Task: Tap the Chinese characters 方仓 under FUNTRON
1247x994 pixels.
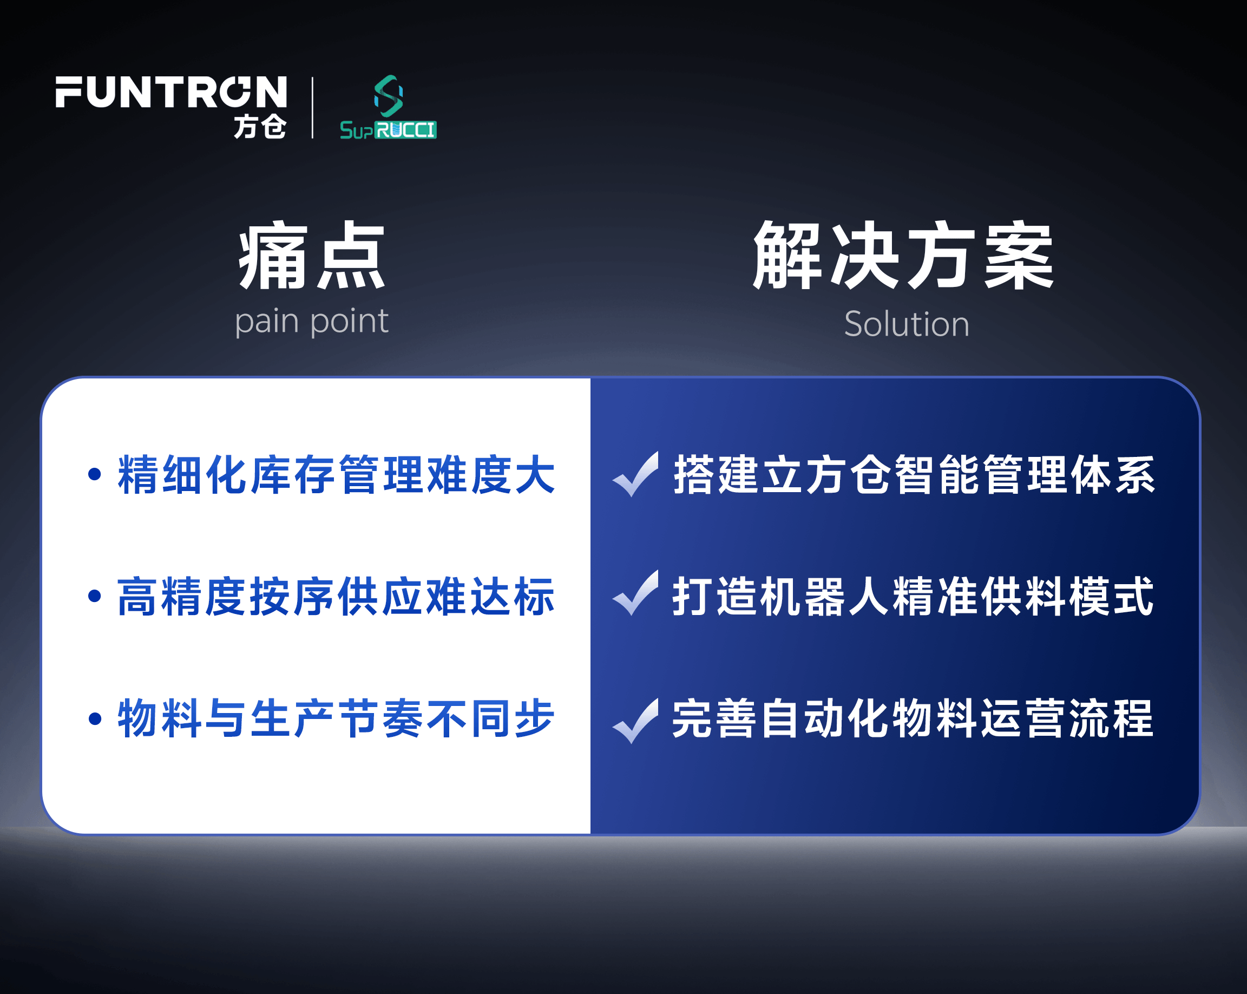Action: [x=260, y=126]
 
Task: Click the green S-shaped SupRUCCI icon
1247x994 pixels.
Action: [x=389, y=96]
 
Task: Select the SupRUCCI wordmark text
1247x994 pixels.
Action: [x=388, y=130]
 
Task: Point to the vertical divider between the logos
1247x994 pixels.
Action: [x=313, y=108]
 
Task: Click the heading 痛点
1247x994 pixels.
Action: [x=312, y=255]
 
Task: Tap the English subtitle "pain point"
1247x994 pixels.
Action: [x=312, y=322]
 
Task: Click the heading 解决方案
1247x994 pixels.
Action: [x=903, y=255]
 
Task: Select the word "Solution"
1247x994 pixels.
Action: [x=907, y=323]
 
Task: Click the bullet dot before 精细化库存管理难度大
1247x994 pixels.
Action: [x=95, y=474]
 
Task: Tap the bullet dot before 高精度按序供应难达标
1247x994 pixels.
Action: [x=95, y=596]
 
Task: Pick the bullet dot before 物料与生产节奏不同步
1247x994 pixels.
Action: [x=95, y=718]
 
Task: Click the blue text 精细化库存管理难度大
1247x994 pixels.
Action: [x=336, y=474]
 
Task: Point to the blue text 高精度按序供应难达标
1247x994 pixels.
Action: [x=336, y=596]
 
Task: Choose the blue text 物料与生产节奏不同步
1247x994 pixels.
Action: [x=336, y=718]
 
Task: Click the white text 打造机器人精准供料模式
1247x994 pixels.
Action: [x=913, y=596]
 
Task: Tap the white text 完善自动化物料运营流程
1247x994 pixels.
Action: [x=913, y=718]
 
